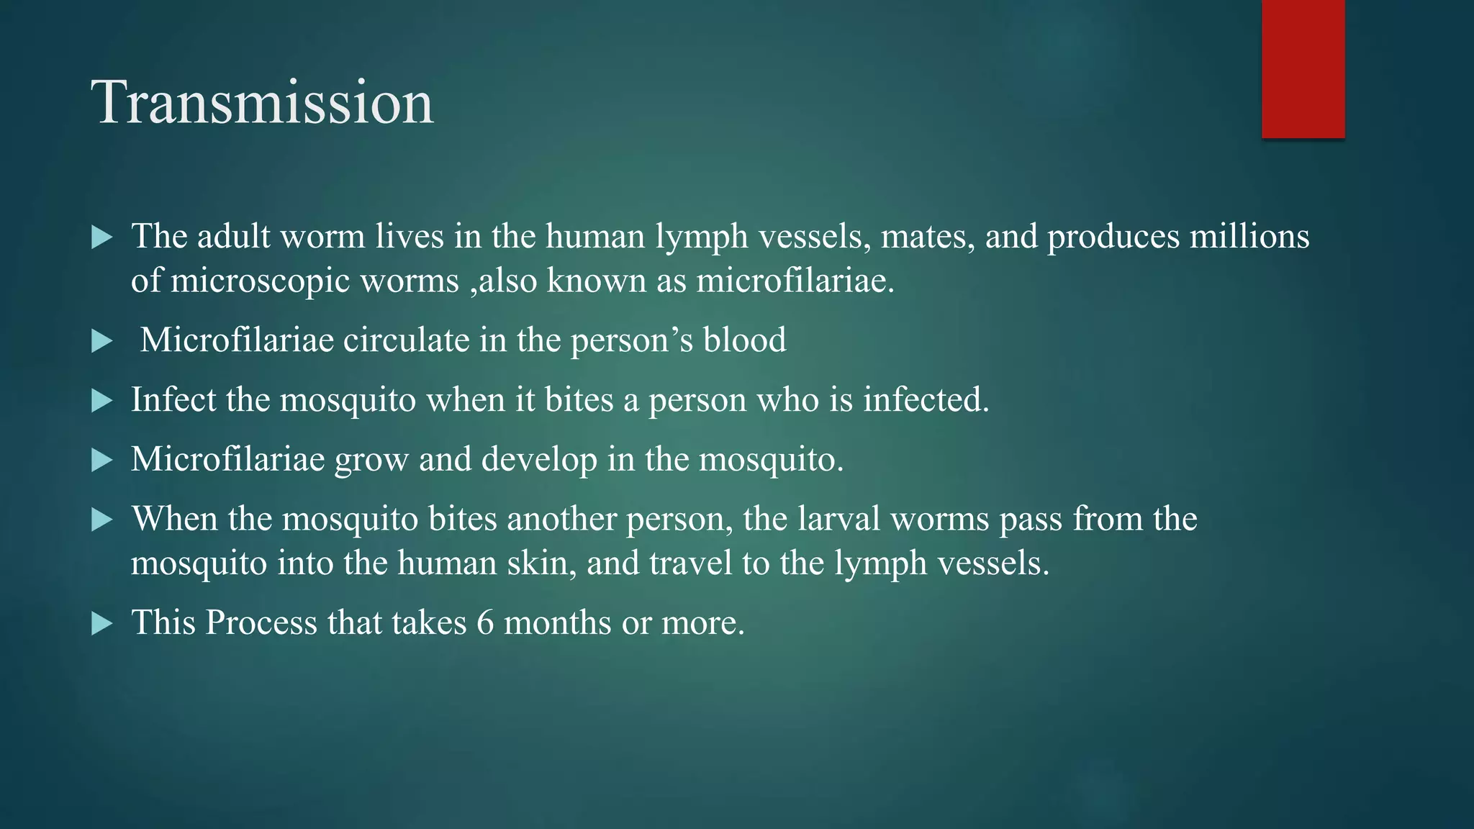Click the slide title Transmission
pos(262,102)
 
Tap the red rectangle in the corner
pos(1303,69)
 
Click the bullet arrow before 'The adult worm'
pos(102,237)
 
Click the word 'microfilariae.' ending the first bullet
pos(795,280)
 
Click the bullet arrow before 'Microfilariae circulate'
pos(102,341)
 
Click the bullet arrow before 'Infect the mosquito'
pos(102,401)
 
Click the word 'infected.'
pos(926,399)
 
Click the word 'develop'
pos(539,459)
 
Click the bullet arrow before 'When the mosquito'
pos(102,520)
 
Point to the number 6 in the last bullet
pos(485,622)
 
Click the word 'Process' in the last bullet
pos(261,622)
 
